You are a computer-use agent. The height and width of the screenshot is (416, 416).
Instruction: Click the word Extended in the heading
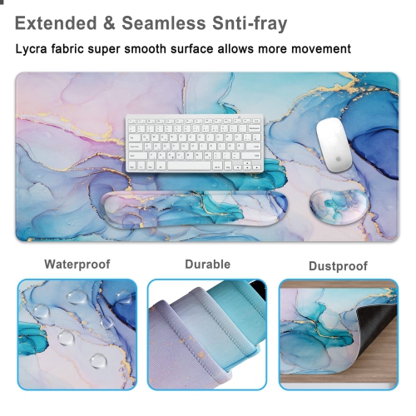[56, 23]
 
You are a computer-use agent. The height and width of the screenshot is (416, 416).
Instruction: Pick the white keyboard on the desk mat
[193, 142]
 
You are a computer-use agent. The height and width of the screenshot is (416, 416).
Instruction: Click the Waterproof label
[77, 265]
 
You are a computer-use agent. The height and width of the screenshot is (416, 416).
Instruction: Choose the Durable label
[207, 265]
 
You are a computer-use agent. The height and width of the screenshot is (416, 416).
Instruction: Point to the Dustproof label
[338, 266]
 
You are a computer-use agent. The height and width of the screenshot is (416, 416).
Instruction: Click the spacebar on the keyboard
[189, 165]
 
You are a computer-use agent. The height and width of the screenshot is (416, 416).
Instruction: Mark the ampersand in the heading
[109, 23]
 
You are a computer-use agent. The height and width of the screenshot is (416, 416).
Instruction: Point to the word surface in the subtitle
[197, 49]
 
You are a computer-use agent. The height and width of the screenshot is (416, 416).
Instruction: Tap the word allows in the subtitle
[241, 49]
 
